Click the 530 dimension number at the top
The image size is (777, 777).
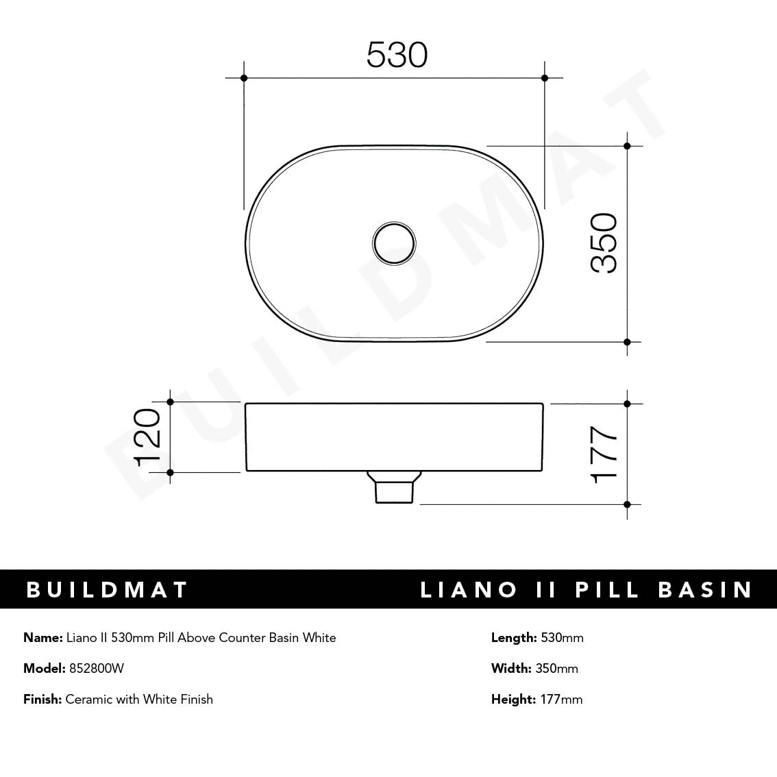397,55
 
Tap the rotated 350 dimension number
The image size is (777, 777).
604,243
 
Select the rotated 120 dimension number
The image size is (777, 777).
147,437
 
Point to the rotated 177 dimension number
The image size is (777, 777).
604,455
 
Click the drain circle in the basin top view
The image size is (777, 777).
394,241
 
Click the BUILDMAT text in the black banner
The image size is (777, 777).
107,590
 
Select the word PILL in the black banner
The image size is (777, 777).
606,590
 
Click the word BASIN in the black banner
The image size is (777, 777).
706,590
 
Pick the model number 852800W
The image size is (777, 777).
97,669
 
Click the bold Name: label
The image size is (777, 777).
43,638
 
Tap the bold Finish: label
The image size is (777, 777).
42,700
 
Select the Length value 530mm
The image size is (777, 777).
562,638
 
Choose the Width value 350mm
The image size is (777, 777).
556,669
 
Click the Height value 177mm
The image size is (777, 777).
559,700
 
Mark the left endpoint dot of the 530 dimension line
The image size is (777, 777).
244,78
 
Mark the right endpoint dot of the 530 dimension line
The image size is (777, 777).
545,78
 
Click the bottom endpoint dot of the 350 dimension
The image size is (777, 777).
627,341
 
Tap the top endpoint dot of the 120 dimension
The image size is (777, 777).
171,402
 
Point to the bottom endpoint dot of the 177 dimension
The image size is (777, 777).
627,504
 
